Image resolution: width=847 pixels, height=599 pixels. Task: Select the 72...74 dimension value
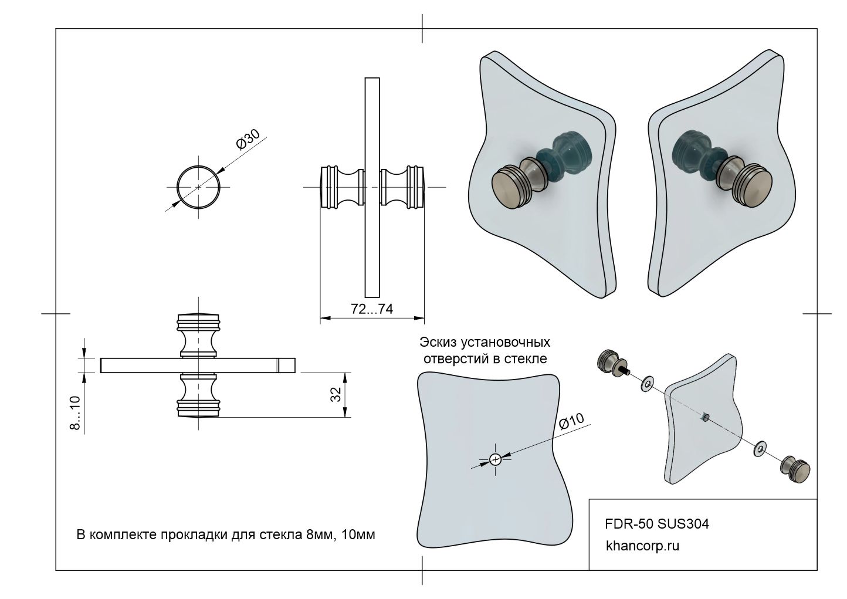[371, 310]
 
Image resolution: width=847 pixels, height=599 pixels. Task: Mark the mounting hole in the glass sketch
[496, 459]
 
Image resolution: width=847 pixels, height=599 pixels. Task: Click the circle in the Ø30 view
[199, 187]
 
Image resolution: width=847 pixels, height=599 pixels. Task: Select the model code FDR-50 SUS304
[656, 523]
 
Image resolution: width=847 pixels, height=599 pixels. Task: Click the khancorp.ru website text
[642, 546]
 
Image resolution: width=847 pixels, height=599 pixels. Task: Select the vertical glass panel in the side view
[372, 187]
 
